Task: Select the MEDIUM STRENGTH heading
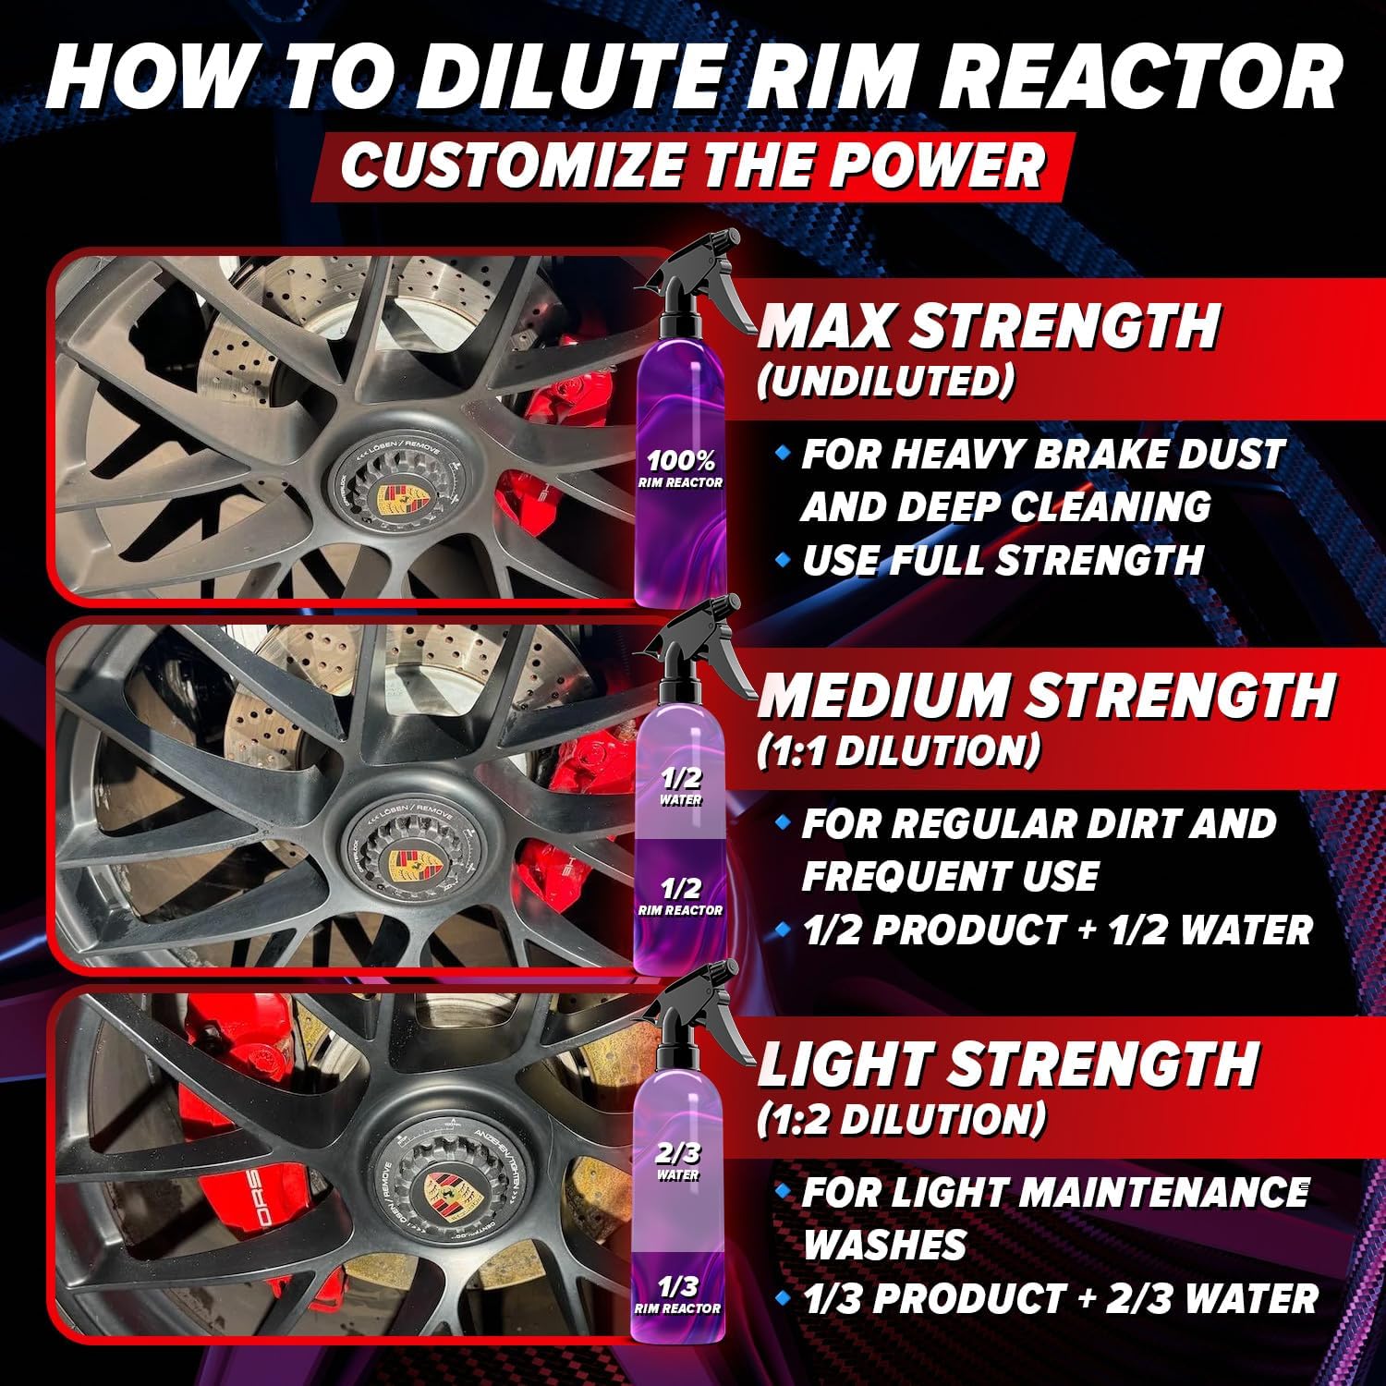(x=1046, y=695)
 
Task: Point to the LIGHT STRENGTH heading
(x=1007, y=1064)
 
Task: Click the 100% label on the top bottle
(x=681, y=460)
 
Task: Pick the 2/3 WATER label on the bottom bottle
(x=679, y=1160)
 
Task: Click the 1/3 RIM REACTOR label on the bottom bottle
(x=678, y=1294)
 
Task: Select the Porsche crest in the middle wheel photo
(x=404, y=866)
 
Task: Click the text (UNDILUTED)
(x=884, y=381)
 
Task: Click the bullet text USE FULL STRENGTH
(x=1003, y=561)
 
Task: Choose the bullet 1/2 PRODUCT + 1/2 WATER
(x=1056, y=930)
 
